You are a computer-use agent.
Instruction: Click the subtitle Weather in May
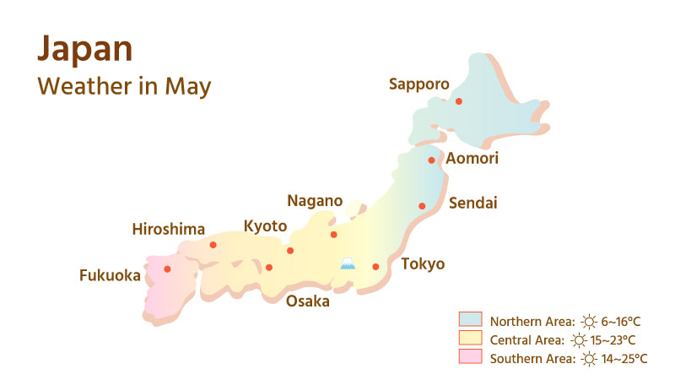(124, 87)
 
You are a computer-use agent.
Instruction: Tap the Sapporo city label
(418, 84)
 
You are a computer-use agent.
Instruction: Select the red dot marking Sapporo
(459, 101)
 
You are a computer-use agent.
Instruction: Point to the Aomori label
(472, 159)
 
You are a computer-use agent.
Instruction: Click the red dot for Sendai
(422, 206)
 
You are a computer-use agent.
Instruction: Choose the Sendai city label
(473, 203)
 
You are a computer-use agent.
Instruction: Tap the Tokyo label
(423, 264)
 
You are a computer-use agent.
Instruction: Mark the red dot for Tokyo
(375, 267)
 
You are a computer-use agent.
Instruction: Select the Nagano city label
(315, 201)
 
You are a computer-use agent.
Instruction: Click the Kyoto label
(265, 226)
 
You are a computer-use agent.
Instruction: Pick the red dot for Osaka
(269, 268)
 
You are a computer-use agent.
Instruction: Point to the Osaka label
(307, 301)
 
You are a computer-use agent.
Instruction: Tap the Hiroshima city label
(169, 229)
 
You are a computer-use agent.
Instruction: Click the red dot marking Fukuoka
(167, 269)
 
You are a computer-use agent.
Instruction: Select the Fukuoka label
(110, 275)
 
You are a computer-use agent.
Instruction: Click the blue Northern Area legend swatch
(470, 320)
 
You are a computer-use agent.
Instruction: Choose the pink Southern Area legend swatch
(470, 358)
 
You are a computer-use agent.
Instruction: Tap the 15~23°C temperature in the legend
(613, 340)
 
